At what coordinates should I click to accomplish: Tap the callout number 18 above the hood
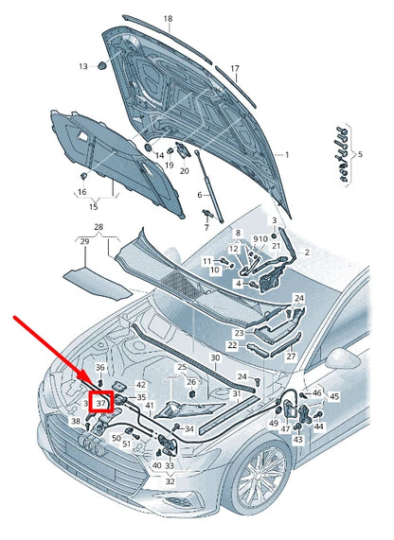tap(168, 19)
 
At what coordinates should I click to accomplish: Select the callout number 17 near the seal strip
tap(235, 68)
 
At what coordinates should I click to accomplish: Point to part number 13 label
tap(83, 66)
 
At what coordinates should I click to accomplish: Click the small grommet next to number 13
tap(101, 65)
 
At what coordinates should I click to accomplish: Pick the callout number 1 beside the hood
tap(287, 155)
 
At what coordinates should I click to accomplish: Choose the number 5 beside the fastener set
tap(360, 154)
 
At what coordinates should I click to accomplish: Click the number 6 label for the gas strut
tap(200, 195)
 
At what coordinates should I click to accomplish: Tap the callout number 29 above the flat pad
tap(84, 242)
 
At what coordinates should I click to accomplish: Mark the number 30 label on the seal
tap(215, 357)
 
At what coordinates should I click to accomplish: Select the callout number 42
tap(141, 385)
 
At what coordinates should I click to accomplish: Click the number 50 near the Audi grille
tap(116, 438)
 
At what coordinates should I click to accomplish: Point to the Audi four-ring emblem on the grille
tap(91, 446)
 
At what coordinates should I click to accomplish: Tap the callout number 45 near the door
tap(334, 396)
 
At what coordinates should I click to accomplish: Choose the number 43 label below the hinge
tap(297, 440)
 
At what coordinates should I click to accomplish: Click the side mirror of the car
tap(342, 358)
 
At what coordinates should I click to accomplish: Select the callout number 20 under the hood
tap(185, 170)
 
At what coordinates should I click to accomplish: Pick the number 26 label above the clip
tap(191, 382)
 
